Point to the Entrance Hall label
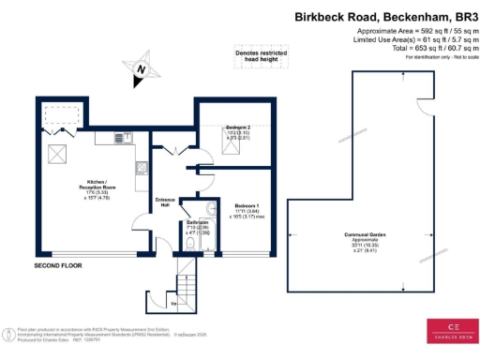point(165,202)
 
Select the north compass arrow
point(141,68)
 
